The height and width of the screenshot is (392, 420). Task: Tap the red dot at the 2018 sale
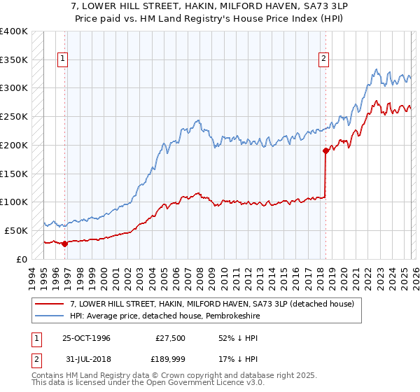(x=325, y=150)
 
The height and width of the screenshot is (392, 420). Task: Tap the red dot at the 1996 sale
(x=64, y=244)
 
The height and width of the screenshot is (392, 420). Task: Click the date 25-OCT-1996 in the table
(x=86, y=337)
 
